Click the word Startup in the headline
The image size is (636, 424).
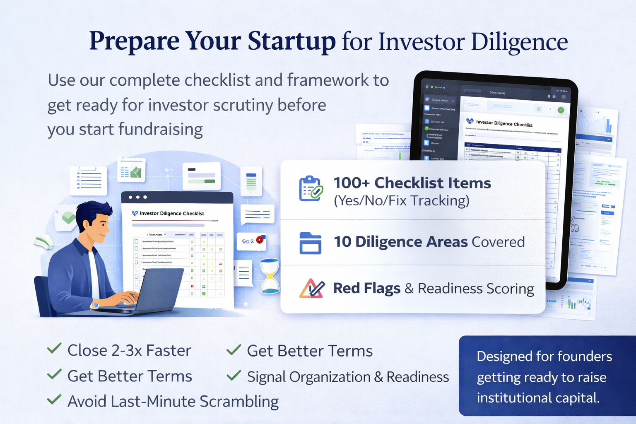(291, 41)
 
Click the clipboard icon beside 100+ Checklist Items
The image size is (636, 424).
(310, 188)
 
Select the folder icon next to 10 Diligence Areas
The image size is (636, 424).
(310, 243)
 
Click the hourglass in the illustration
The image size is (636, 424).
(270, 276)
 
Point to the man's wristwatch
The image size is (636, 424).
(96, 305)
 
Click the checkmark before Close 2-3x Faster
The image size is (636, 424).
(54, 349)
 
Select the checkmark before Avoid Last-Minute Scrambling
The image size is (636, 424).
(54, 400)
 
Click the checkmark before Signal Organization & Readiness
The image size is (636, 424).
(234, 375)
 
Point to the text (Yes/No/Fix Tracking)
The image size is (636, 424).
(401, 201)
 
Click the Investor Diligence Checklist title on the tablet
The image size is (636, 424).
(504, 123)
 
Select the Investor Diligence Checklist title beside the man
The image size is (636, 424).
(171, 214)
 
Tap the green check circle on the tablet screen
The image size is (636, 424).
(561, 110)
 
